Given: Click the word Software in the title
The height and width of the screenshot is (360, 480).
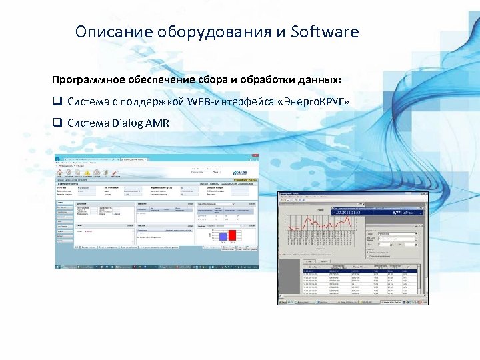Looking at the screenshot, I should (325, 32).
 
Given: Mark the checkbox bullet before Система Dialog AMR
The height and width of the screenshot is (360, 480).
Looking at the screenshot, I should (57, 123).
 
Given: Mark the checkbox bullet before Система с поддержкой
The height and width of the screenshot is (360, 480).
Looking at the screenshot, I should (57, 101).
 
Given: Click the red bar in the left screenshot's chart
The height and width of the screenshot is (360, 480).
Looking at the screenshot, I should (233, 235).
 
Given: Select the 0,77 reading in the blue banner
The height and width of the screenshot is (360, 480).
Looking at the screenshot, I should (397, 211).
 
